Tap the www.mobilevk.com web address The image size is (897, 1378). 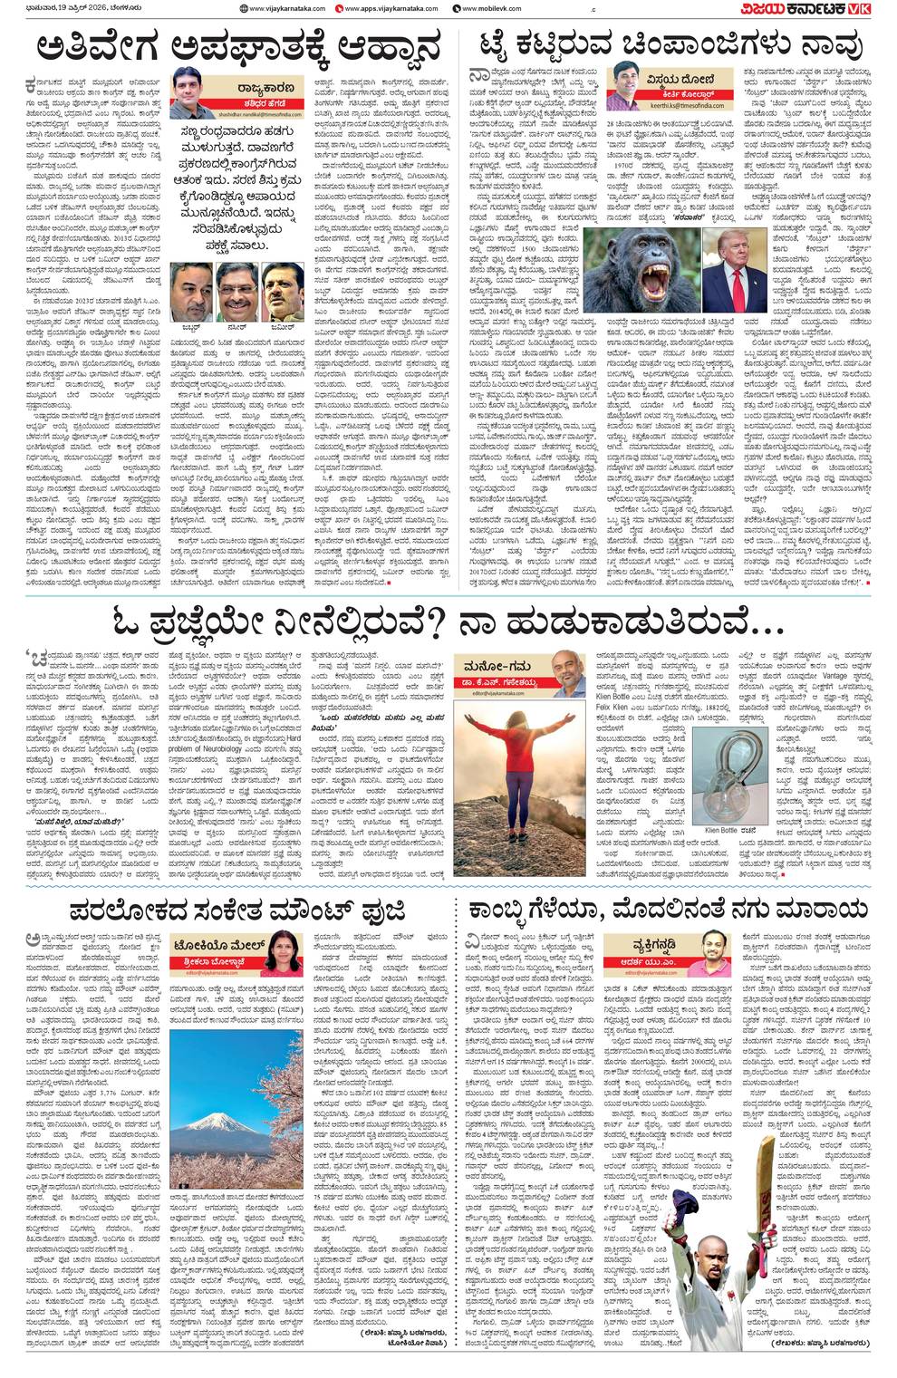point(489,9)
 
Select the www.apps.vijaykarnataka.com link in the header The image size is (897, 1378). point(391,9)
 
